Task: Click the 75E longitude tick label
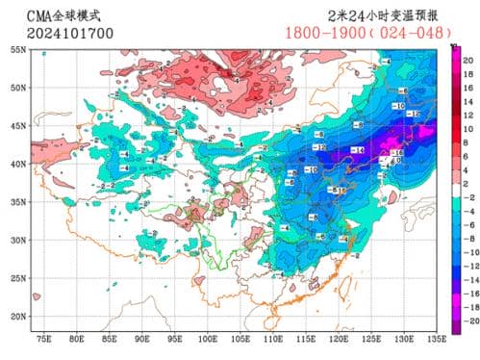44,340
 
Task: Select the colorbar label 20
467,61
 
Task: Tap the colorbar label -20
467,319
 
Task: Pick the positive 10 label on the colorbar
467,127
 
